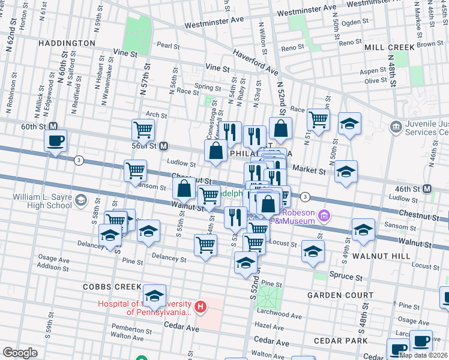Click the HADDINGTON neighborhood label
click(66, 44)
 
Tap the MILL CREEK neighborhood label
click(389, 47)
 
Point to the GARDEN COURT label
click(332, 296)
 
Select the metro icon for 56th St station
click(163, 146)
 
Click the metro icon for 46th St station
click(427, 189)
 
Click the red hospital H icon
click(201, 308)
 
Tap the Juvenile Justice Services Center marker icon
click(396, 126)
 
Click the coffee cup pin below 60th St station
click(55, 142)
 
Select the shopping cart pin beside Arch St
click(143, 129)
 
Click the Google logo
click(20, 353)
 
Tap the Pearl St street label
click(168, 46)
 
